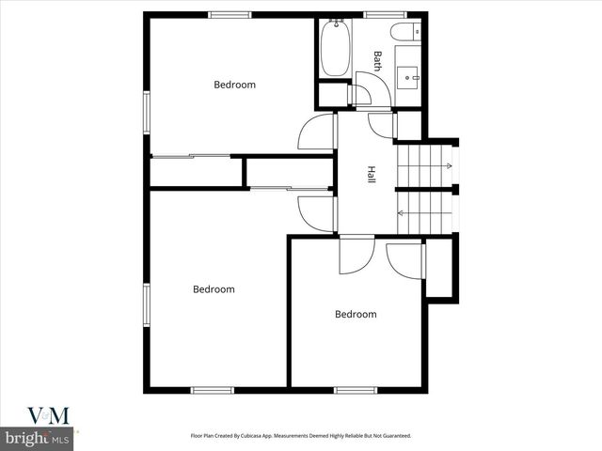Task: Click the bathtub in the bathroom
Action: tap(335, 49)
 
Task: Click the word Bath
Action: tap(377, 61)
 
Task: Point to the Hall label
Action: tap(372, 175)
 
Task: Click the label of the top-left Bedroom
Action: tap(234, 85)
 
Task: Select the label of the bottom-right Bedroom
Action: tap(356, 314)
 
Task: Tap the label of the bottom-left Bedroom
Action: tap(214, 289)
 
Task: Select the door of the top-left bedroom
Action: tap(318, 133)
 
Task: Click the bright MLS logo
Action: tap(38, 439)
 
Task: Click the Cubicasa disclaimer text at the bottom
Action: tap(301, 436)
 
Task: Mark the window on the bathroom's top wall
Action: tap(385, 14)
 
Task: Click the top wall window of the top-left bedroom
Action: tap(230, 14)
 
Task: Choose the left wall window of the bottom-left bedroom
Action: tap(146, 305)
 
